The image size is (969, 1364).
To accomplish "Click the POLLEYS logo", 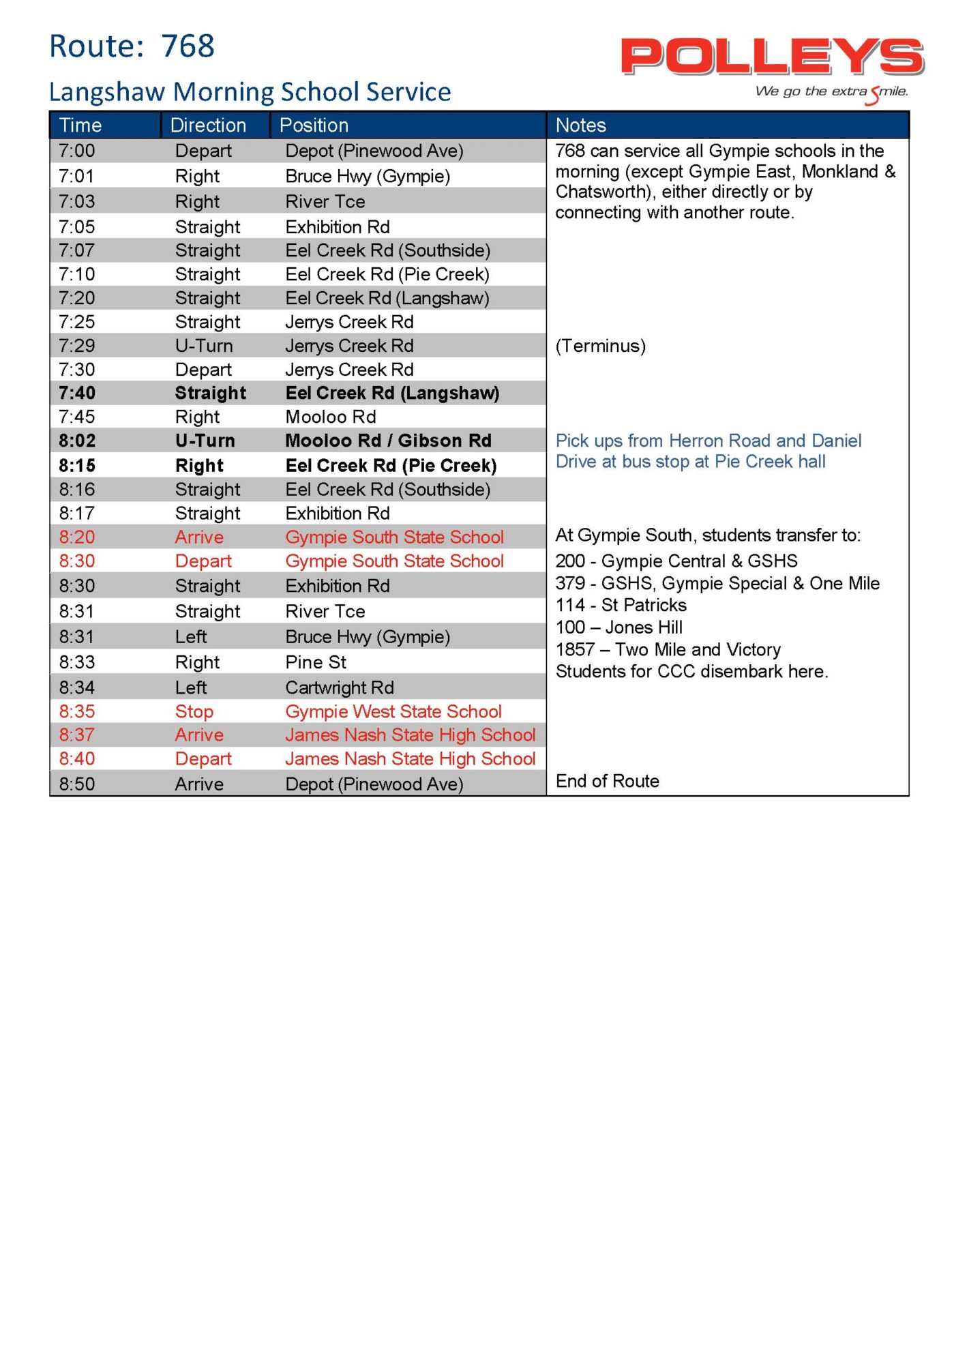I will (x=772, y=57).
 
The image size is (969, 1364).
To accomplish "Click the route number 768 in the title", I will (x=188, y=46).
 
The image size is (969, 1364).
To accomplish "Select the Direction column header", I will (x=208, y=125).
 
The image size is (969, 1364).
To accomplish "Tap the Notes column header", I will (x=580, y=125).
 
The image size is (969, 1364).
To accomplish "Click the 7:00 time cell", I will (x=77, y=151).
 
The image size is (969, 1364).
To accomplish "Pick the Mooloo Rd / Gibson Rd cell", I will (x=388, y=441).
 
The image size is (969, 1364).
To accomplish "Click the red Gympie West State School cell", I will (x=393, y=711).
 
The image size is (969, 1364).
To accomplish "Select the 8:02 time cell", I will (x=77, y=441).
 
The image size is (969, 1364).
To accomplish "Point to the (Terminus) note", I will (x=600, y=346).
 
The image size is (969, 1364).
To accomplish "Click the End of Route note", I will (x=607, y=781).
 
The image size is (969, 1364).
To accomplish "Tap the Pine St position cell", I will (x=316, y=662).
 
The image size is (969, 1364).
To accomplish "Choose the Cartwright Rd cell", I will (x=340, y=687).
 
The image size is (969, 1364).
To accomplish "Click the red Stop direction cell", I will (x=194, y=711).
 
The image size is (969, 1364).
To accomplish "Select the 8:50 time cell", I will (x=77, y=784).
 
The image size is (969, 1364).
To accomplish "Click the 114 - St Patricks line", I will (x=621, y=605).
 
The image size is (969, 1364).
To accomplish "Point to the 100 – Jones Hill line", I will (x=618, y=627).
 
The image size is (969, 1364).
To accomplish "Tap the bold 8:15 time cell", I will (x=77, y=466).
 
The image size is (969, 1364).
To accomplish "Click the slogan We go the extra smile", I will (x=831, y=92).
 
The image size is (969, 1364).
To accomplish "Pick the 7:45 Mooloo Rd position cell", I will (x=331, y=417).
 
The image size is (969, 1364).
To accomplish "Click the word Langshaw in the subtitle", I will (x=107, y=92).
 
